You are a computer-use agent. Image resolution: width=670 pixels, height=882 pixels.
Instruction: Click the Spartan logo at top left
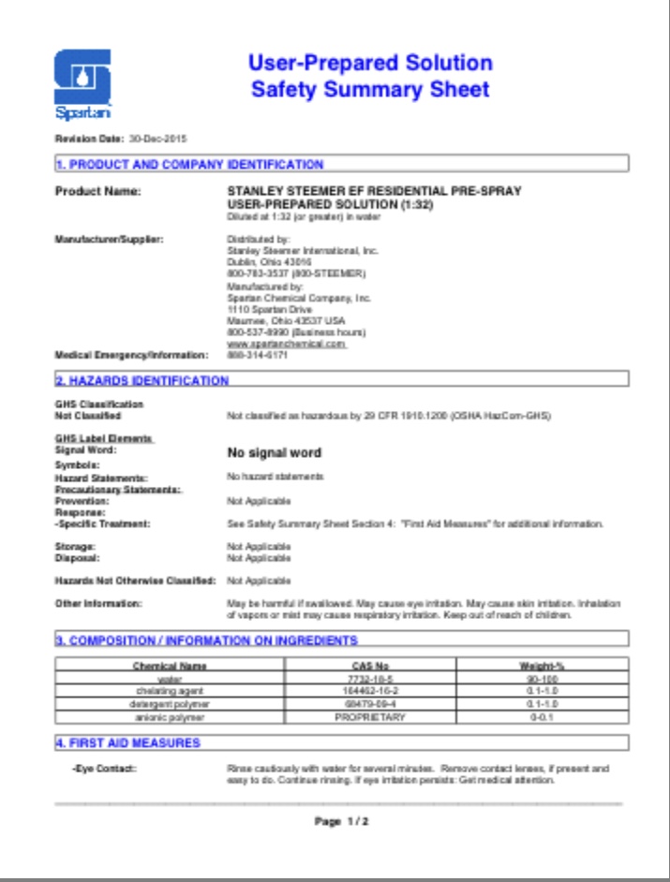(83, 82)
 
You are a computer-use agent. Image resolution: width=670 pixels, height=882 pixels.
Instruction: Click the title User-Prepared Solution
(370, 65)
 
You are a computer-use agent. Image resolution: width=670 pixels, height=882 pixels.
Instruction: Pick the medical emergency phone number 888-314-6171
(251, 356)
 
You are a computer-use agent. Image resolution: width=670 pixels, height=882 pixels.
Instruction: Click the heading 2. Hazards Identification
(141, 380)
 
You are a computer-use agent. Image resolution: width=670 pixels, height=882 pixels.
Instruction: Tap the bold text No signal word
(275, 453)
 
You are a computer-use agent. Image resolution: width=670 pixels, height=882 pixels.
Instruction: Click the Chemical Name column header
(170, 666)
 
